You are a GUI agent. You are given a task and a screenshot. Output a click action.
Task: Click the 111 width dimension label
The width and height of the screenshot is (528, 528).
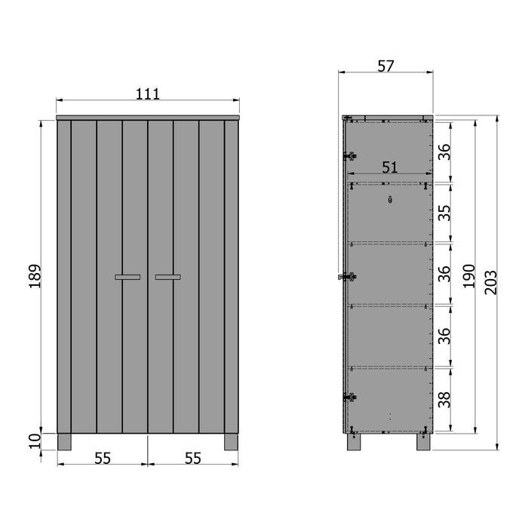pos(148,94)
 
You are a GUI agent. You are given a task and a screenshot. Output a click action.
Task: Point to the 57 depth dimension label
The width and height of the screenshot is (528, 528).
pos(385,66)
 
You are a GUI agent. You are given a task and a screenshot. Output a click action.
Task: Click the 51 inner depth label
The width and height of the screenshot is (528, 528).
pos(389,168)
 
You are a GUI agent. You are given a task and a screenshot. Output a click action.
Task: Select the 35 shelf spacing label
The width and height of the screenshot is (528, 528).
pos(445,212)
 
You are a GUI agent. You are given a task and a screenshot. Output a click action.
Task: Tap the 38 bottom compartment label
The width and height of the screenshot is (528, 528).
pos(445,399)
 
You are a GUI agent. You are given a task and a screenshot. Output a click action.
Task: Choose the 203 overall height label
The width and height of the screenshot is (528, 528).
pos(491,284)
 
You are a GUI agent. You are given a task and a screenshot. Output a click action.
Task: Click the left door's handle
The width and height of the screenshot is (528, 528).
pos(128,277)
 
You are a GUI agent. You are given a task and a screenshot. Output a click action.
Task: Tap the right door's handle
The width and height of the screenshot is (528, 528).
pos(167,277)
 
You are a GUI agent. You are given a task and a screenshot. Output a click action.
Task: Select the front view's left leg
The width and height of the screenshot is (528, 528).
pos(63,442)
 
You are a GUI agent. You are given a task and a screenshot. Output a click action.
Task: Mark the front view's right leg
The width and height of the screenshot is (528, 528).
pos(232,442)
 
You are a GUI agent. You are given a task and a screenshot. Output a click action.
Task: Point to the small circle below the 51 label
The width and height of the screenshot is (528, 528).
pos(389,200)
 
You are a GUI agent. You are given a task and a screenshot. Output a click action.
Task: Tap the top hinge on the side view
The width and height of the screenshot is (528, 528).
pos(348,156)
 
